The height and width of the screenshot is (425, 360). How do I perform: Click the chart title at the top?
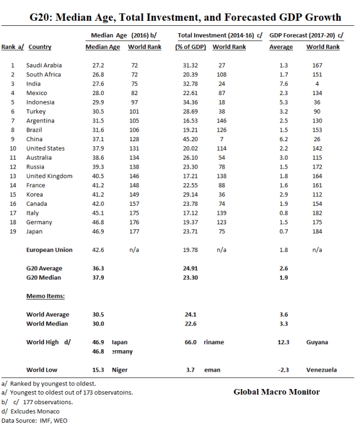click(x=185, y=17)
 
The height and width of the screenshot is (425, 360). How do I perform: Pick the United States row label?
click(x=46, y=148)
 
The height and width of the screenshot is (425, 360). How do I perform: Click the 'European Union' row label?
click(x=49, y=250)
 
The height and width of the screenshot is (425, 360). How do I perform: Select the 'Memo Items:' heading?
click(x=45, y=296)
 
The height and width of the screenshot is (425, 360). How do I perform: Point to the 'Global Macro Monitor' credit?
click(x=277, y=392)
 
